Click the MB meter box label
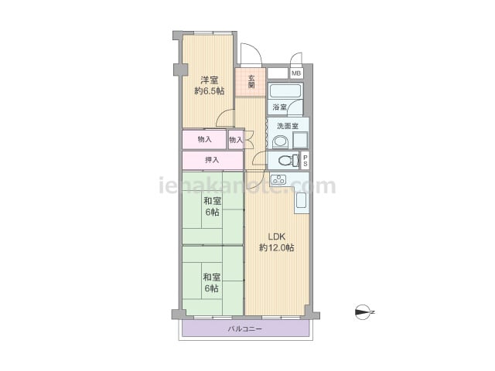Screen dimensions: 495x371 (296, 73)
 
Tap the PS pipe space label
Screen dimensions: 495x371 (305, 161)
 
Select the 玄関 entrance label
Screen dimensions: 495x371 (251, 82)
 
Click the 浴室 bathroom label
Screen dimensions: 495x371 (279, 107)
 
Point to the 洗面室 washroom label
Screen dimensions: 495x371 (288, 126)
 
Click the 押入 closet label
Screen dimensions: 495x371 (212, 160)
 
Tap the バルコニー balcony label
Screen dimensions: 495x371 (245, 329)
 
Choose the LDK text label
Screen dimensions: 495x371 (277, 237)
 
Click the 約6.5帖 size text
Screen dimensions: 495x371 (210, 91)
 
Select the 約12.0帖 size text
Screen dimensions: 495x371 (277, 247)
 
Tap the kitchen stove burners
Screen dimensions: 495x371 (278, 179)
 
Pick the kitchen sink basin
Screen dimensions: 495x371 (301, 199)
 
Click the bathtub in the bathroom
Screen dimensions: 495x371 (285, 91)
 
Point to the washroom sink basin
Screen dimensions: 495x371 (280, 142)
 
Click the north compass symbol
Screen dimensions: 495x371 (364, 312)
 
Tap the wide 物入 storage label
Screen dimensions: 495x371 (204, 139)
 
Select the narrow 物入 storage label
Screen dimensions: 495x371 (236, 139)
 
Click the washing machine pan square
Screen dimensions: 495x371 (300, 140)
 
